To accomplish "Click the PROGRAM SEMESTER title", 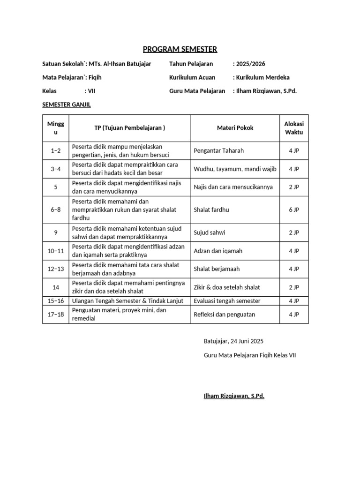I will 180,49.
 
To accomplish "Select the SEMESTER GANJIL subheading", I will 66,105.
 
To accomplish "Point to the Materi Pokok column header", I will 235,127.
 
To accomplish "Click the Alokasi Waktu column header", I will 294,127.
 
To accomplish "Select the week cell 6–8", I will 55,210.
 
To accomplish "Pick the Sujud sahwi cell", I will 209,232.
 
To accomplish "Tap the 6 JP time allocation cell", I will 294,210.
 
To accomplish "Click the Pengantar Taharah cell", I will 218,150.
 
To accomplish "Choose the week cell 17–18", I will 55,314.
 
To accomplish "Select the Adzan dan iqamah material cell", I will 218,251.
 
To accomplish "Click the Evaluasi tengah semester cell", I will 227,300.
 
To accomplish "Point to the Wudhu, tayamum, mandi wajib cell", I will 235,169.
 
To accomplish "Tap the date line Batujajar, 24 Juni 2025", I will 234,341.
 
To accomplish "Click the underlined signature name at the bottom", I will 234,396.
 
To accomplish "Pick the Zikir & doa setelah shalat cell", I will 227,287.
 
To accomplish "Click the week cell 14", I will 55,287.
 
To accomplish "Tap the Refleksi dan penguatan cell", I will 225,314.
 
